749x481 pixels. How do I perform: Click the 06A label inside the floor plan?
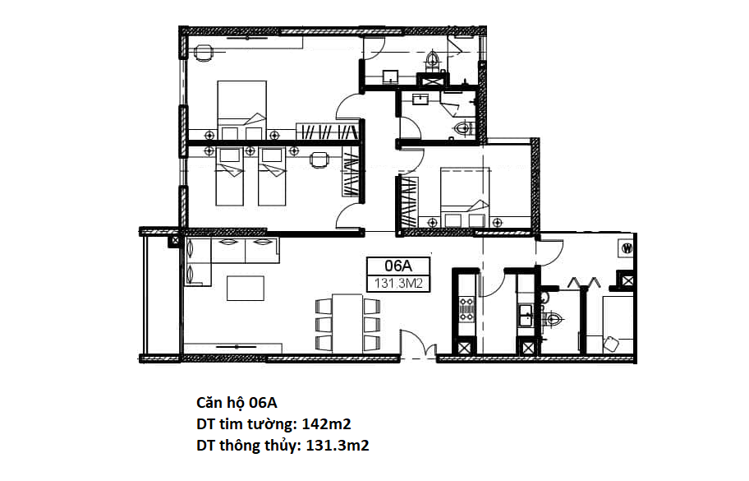pos(397,266)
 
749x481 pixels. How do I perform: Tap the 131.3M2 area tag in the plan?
pos(398,284)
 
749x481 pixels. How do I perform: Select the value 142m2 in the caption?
pos(326,424)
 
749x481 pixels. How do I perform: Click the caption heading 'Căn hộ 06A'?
pos(237,403)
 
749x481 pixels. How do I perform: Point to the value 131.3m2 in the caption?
pos(338,446)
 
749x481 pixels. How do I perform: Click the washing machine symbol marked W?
pos(627,248)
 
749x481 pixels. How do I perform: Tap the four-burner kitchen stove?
pos(466,309)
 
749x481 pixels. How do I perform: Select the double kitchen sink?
pos(526,316)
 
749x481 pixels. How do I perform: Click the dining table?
pos(347,323)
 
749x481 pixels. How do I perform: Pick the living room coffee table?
pos(245,289)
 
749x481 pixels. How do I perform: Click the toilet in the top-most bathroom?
pos(432,61)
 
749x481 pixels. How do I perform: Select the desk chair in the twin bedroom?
pos(319,160)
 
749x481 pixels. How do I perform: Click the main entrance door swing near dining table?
pos(416,341)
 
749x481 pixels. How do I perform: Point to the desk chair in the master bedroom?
pos(204,50)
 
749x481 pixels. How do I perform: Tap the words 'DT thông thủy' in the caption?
pos(248,446)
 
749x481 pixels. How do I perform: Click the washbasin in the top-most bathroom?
pos(391,76)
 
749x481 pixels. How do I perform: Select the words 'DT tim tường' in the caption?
pos(246,424)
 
